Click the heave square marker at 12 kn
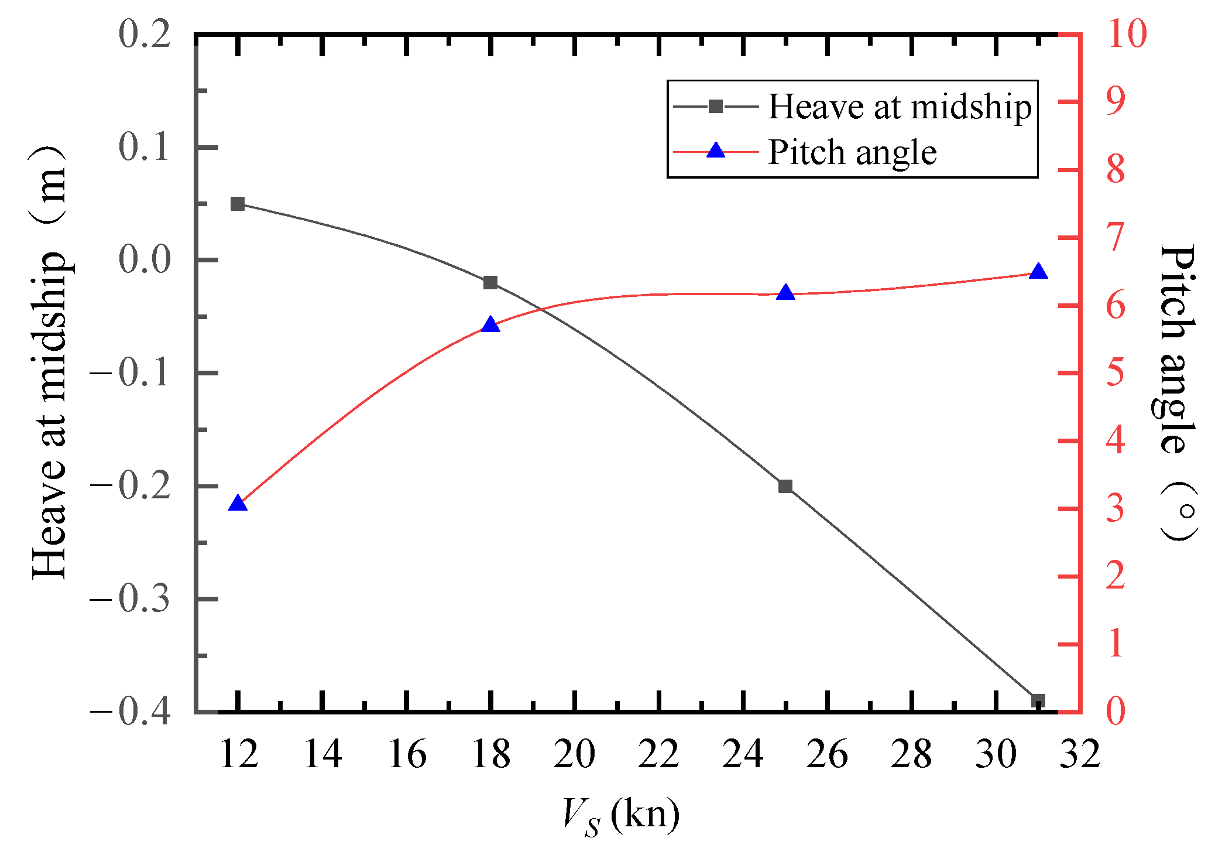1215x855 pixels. (238, 204)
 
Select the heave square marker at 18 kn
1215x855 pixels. (490, 283)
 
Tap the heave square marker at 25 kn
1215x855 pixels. (785, 486)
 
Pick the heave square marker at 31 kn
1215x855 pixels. (1038, 700)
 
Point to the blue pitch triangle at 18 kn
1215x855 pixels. (490, 325)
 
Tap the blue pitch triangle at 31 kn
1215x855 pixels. (1038, 272)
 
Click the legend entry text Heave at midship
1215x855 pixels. (900, 107)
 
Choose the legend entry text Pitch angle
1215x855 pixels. (852, 152)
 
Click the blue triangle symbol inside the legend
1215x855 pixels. (716, 152)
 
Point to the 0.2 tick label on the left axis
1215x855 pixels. (145, 34)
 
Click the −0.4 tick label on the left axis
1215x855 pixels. (130, 712)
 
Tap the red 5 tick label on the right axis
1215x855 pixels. (1116, 373)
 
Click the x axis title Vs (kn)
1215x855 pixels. (620, 815)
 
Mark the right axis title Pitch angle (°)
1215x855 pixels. (1178, 392)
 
